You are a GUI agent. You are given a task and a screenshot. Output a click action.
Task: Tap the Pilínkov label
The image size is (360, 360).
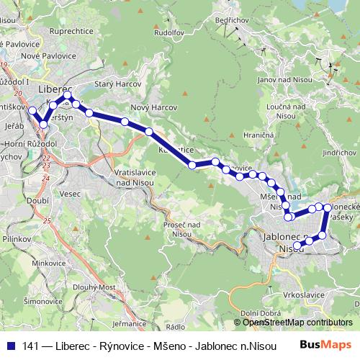(15, 237)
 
